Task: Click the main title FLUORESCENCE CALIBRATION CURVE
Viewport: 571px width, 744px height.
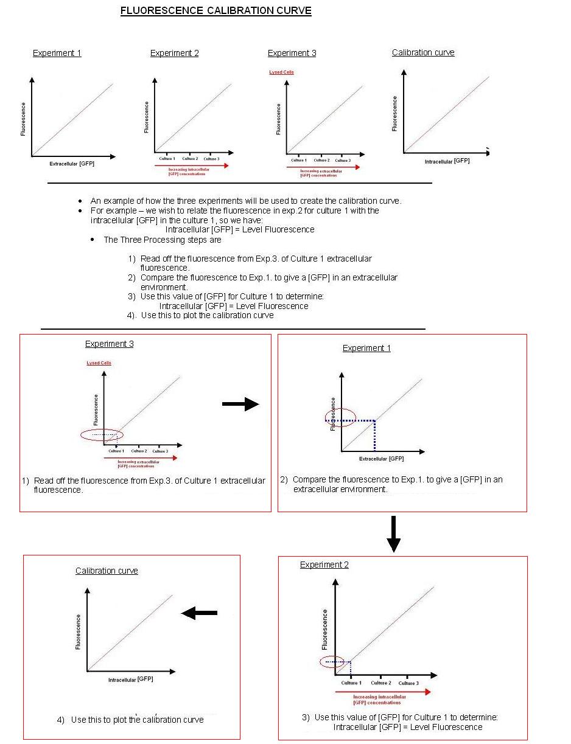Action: pos(215,11)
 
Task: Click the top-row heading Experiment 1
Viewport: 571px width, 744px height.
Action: pos(57,53)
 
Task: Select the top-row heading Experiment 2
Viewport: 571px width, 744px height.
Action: pos(174,53)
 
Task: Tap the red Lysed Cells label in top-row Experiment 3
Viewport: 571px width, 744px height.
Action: pos(281,72)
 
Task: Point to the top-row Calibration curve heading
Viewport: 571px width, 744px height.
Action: pos(423,52)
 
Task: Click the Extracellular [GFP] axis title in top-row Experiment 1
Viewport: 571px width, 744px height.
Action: pos(72,164)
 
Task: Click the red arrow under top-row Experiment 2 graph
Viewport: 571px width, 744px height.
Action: pos(192,165)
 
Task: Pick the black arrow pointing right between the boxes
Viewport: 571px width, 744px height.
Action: pos(240,404)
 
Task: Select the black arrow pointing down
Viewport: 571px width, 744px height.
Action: pos(393,534)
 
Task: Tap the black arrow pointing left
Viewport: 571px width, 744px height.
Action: pos(200,613)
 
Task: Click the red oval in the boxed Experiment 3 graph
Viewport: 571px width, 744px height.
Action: pos(102,434)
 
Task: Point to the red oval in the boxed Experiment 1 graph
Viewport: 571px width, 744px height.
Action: pos(340,417)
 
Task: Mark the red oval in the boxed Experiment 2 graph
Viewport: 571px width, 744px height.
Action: pos(331,662)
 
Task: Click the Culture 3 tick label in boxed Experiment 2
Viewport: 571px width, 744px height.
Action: pos(408,683)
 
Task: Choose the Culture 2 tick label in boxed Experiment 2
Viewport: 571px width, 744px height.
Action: pos(380,683)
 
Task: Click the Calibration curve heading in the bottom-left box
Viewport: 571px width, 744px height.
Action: pos(107,571)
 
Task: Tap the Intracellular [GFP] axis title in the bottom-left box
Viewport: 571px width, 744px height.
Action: pos(130,679)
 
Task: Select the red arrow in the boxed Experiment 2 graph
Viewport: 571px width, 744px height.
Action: pos(383,692)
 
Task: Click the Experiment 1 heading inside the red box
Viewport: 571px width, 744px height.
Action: pos(366,348)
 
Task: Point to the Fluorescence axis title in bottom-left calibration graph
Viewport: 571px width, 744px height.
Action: pos(78,631)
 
